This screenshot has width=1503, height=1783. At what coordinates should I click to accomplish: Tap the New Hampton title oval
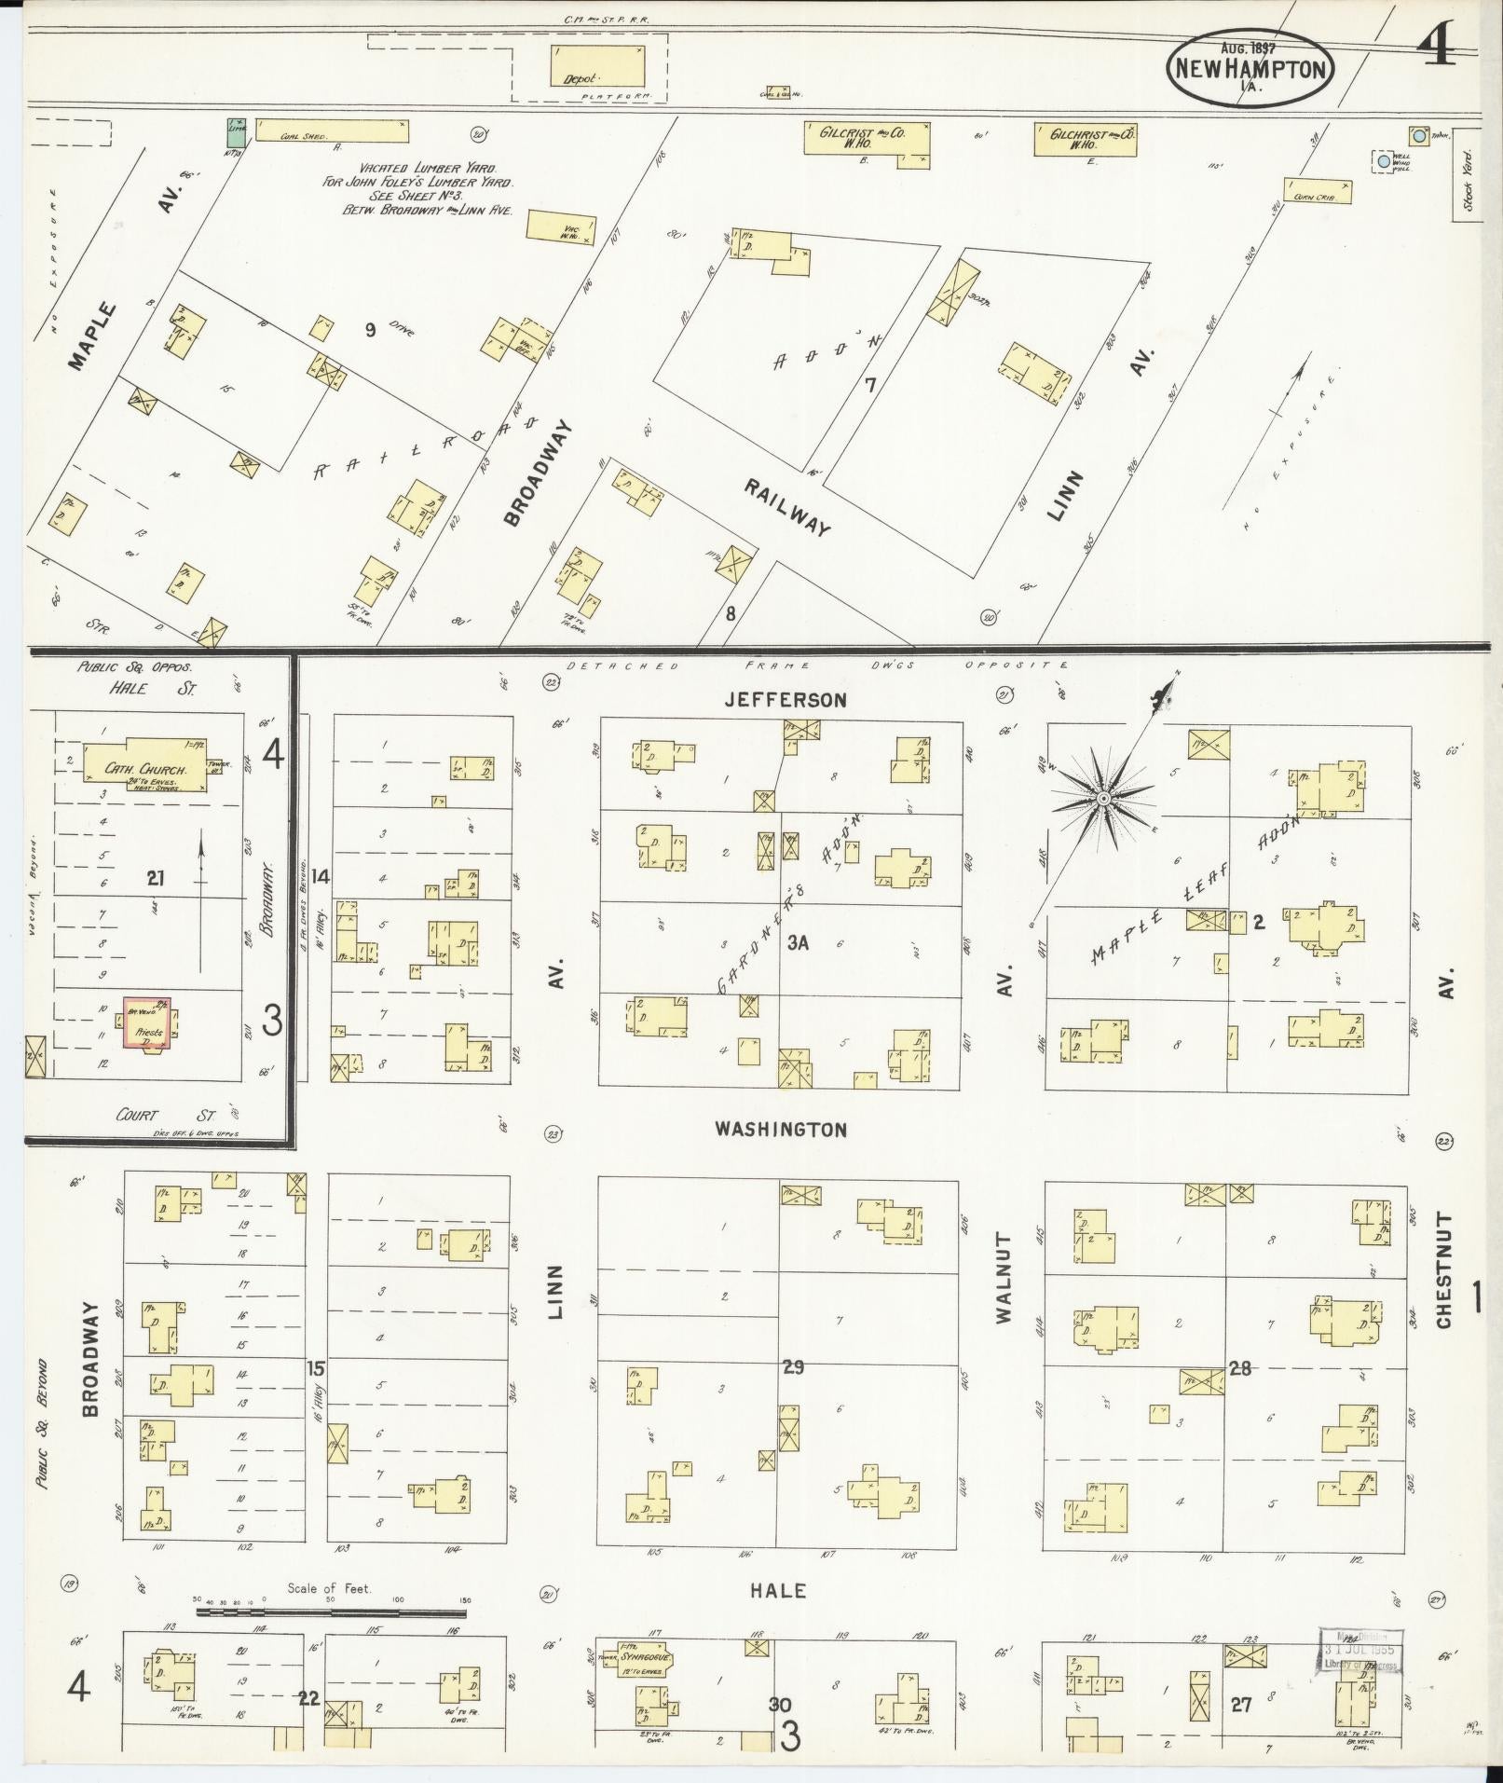click(1250, 67)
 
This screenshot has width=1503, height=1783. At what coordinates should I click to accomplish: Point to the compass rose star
click(1103, 799)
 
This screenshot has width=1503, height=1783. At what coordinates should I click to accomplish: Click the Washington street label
click(781, 1130)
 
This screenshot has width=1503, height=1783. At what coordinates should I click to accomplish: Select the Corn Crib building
click(1318, 191)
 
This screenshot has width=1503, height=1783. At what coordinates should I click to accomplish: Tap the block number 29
click(793, 1367)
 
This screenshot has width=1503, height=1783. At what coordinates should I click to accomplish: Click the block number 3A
click(797, 943)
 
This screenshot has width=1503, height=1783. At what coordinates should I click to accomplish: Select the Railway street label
click(786, 507)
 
